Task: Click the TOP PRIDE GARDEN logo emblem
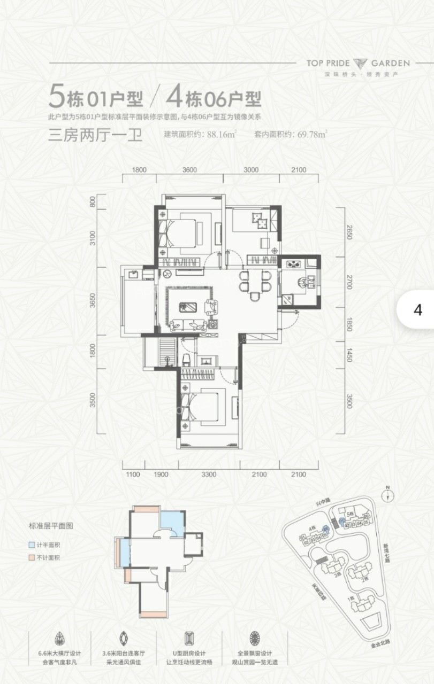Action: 359,64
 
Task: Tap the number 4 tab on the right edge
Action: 418,310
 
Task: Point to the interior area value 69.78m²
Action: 312,135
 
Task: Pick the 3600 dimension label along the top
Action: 189,170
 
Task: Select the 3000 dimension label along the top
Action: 250,170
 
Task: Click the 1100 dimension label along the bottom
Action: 133,474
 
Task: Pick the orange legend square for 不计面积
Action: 32,557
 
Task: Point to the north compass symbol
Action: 389,495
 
